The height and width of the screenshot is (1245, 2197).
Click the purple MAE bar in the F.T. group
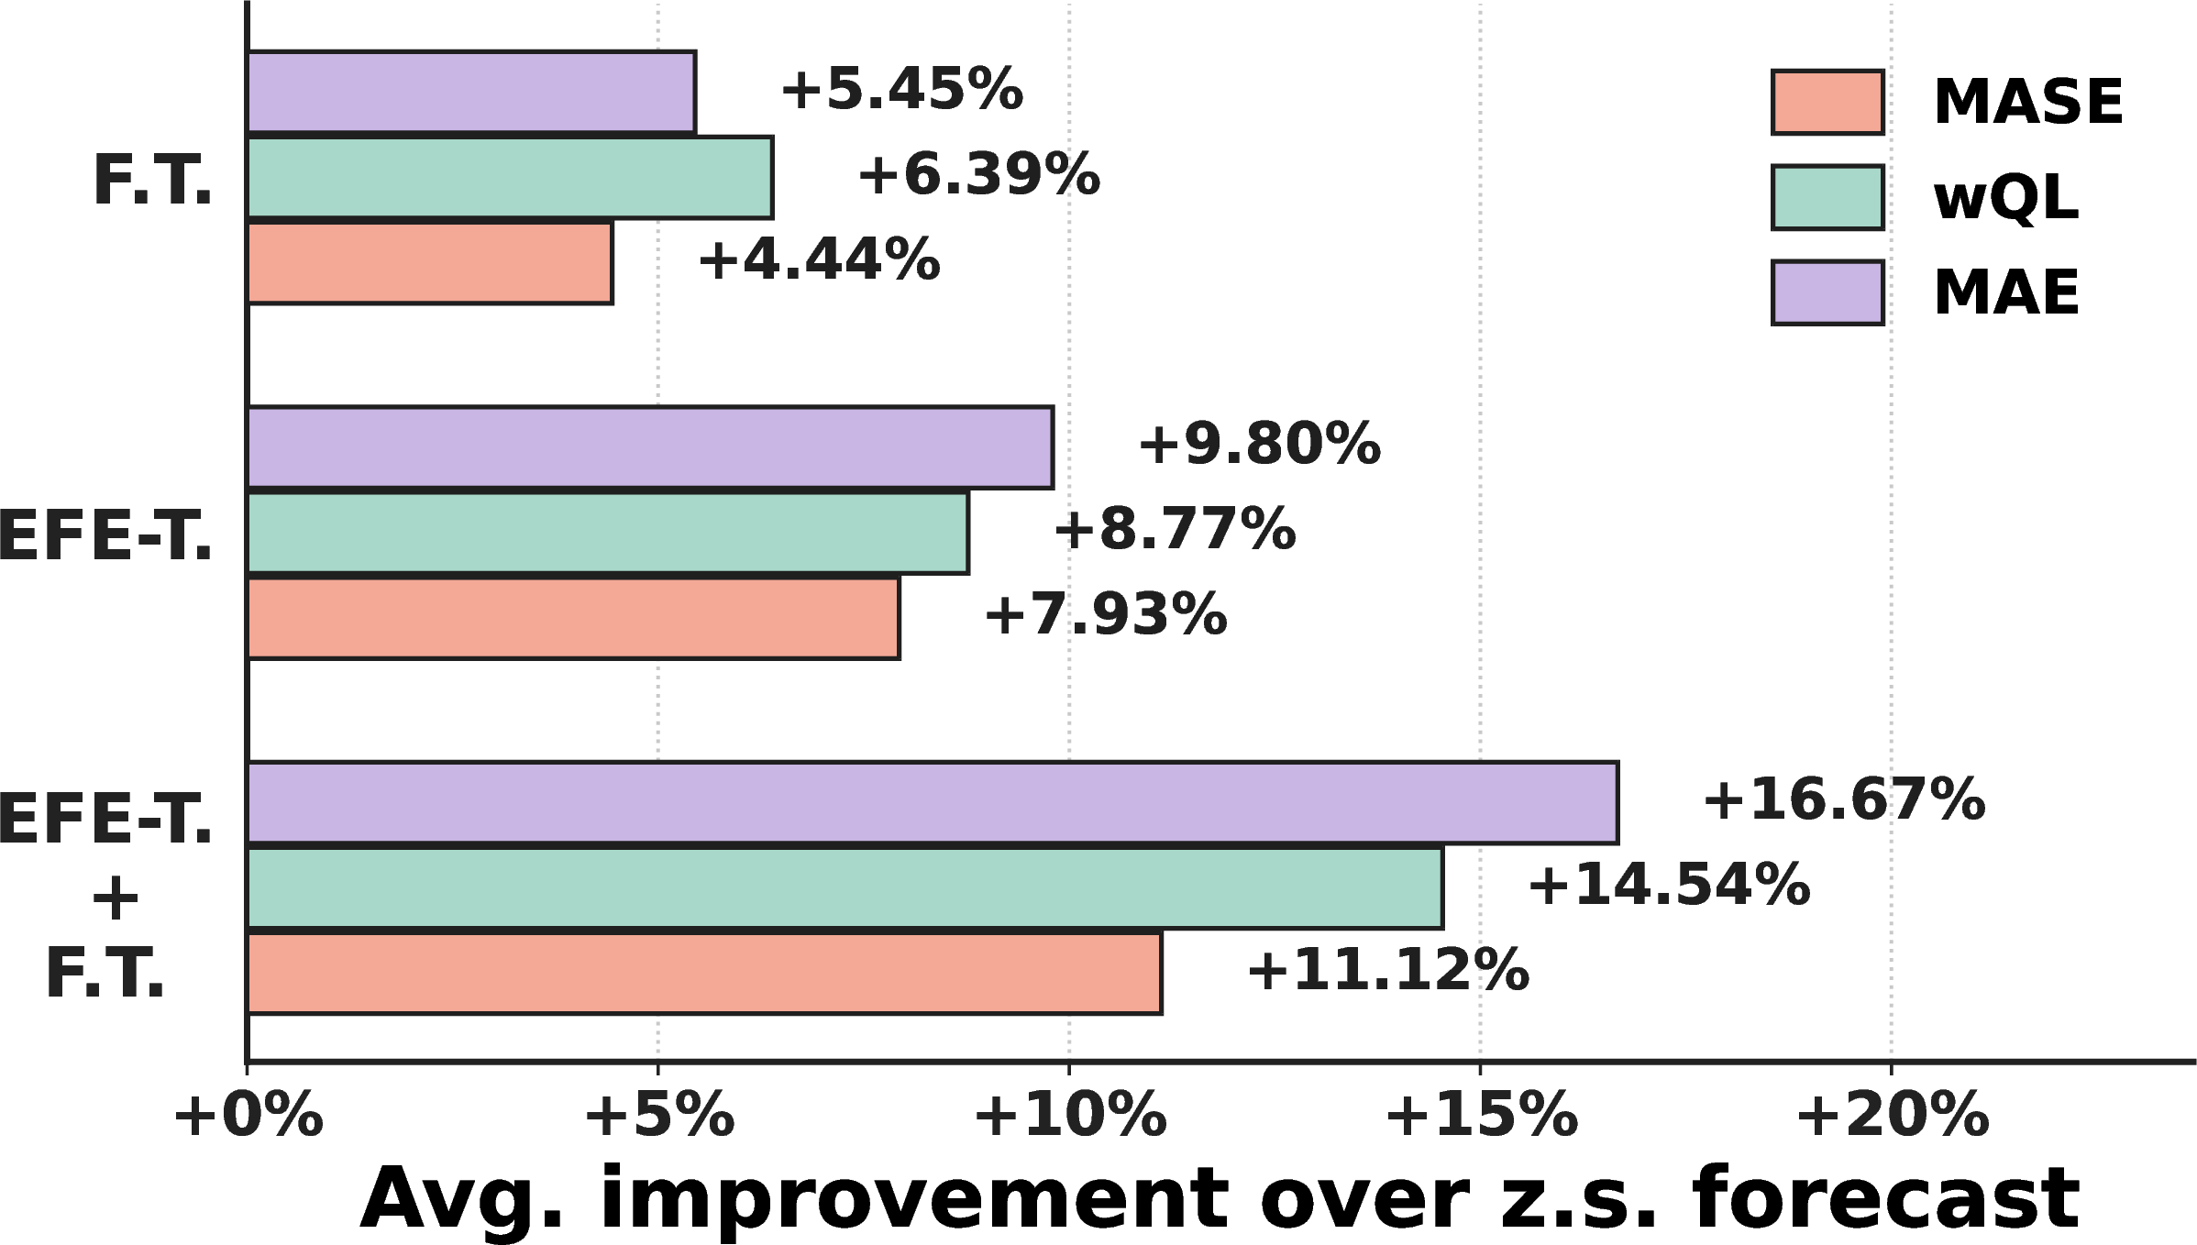[471, 92]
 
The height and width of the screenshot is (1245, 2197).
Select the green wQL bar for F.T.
[510, 177]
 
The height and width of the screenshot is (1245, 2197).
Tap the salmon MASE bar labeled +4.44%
[430, 262]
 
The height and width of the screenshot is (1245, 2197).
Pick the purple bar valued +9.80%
[650, 446]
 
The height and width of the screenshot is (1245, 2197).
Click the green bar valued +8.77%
[608, 532]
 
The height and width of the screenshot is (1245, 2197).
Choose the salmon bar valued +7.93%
[573, 617]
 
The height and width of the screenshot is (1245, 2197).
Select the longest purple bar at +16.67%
[933, 802]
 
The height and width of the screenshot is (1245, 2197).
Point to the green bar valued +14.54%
[845, 887]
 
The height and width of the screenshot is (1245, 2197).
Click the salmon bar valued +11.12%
[704, 973]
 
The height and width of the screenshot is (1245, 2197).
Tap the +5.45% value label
[901, 90]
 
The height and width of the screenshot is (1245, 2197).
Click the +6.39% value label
[978, 175]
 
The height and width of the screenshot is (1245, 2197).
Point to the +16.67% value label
[1844, 799]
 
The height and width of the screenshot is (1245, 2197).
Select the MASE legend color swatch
[1827, 102]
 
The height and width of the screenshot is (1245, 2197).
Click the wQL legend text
[2006, 197]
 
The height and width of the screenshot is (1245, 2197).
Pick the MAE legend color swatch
[1827, 292]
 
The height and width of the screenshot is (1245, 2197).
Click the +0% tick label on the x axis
[248, 1117]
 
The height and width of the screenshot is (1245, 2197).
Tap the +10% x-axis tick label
[1069, 1117]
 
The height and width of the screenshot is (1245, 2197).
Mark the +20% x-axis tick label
[1892, 1117]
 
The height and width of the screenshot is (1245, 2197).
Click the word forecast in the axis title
[1886, 1199]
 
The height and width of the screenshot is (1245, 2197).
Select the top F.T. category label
[152, 181]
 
